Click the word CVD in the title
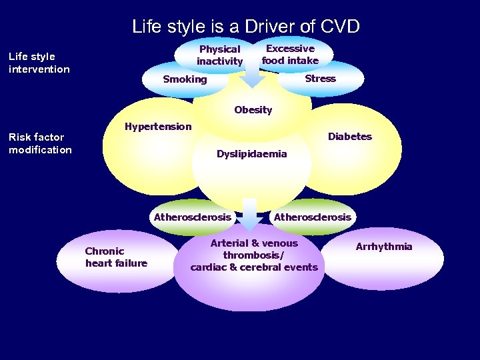click(339, 27)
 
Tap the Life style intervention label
click(39, 63)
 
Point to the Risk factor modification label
click(40, 143)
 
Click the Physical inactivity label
click(220, 55)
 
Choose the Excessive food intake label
click(290, 55)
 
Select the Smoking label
click(185, 79)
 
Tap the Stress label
click(320, 79)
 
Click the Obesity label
click(253, 110)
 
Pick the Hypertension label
click(158, 127)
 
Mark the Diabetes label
click(349, 137)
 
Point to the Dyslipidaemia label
click(251, 154)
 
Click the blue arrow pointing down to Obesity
click(252, 75)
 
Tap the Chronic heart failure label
click(116, 257)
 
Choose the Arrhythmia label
click(384, 247)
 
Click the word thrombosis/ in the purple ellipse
click(253, 255)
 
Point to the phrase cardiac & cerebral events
click(254, 267)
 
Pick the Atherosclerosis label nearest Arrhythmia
click(312, 217)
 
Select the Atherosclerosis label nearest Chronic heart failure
click(193, 217)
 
